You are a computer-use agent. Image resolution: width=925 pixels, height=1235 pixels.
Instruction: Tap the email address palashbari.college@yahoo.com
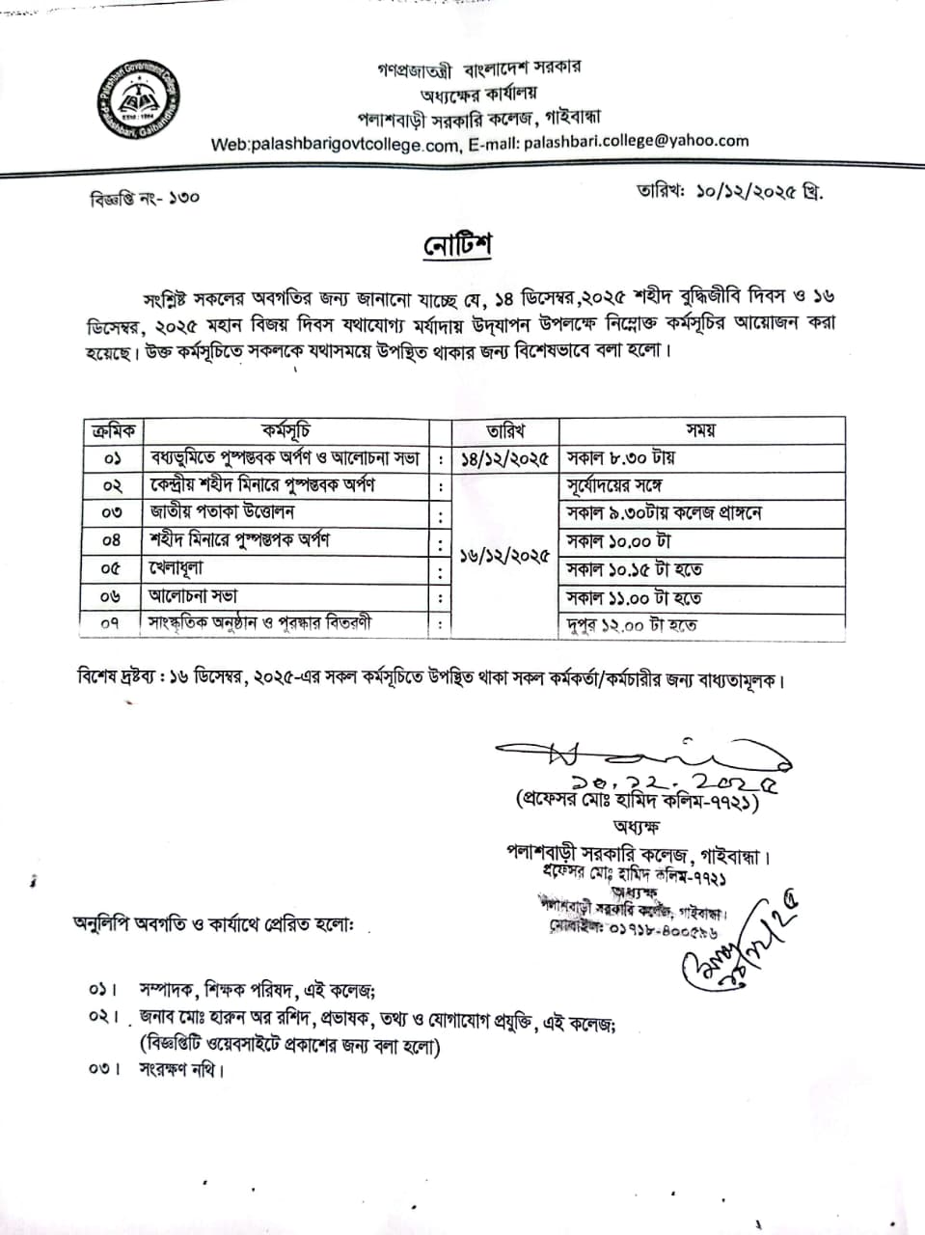[x=636, y=141]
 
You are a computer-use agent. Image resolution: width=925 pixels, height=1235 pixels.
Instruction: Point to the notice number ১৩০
[x=182, y=198]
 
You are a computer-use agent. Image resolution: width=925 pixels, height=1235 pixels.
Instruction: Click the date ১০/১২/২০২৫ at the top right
[x=759, y=191]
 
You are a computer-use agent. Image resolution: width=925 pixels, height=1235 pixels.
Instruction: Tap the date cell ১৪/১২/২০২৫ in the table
[x=505, y=457]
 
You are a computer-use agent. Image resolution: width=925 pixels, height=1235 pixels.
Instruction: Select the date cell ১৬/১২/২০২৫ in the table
[x=505, y=556]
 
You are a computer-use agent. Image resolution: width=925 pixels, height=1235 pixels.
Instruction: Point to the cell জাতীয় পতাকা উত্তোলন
[x=222, y=512]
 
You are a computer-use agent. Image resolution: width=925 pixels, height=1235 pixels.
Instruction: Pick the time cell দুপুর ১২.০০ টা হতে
[x=632, y=625]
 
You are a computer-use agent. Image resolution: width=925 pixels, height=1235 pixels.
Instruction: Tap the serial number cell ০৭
[x=111, y=624]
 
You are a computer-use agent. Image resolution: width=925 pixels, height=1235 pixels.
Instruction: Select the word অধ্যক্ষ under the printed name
[x=635, y=827]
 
